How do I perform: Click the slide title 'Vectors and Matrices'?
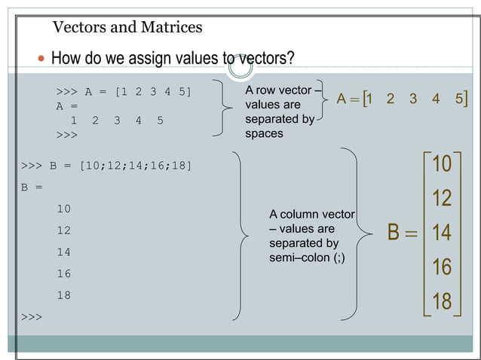click(127, 28)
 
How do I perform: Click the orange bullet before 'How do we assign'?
click(41, 59)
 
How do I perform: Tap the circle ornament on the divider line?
click(241, 67)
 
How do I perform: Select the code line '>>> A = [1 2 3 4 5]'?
click(124, 92)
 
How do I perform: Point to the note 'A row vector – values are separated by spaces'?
click(280, 111)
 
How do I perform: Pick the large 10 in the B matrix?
click(441, 163)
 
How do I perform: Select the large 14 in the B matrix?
click(441, 233)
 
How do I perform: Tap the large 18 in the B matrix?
click(441, 301)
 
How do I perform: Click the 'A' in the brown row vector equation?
click(342, 99)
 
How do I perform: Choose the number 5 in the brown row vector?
click(459, 99)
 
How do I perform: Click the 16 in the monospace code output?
click(63, 273)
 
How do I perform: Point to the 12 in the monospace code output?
click(63, 230)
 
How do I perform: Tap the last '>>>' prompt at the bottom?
click(32, 317)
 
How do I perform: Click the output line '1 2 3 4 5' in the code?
click(116, 121)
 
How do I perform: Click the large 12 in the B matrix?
click(441, 198)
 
